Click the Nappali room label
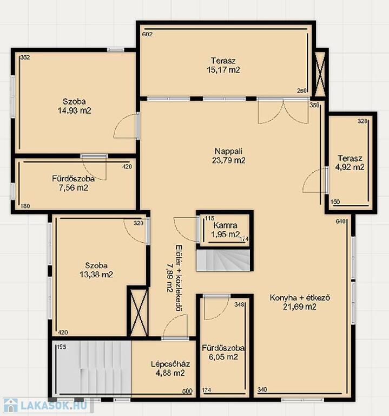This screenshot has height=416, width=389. click(x=228, y=151)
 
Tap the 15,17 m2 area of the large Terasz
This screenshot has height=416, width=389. click(x=223, y=70)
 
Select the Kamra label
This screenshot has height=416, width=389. click(x=225, y=225)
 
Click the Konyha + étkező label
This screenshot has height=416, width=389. click(x=300, y=298)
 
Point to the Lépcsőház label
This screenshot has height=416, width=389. click(x=170, y=364)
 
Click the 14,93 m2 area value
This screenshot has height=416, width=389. click(x=75, y=110)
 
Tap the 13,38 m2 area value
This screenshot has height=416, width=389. click(x=96, y=274)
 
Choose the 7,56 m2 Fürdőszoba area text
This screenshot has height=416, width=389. click(x=74, y=188)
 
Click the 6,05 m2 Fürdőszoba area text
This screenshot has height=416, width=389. click(x=223, y=357)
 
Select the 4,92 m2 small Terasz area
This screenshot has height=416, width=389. click(x=350, y=167)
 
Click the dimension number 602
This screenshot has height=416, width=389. click(x=147, y=34)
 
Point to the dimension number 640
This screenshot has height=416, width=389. click(x=341, y=221)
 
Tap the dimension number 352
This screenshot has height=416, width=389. click(x=25, y=57)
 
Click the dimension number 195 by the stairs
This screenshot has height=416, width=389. click(x=61, y=347)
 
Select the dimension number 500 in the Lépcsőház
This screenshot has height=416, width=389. click(x=187, y=391)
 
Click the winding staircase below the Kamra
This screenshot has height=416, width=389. click(x=223, y=260)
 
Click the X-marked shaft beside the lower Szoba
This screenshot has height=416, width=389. click(x=137, y=312)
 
